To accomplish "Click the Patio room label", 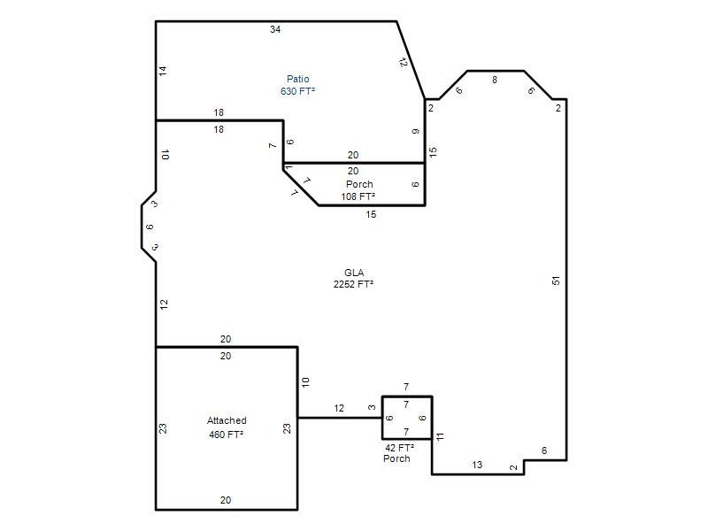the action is tap(297, 79).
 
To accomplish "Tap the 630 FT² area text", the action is tap(297, 91).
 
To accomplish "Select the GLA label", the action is tap(354, 273).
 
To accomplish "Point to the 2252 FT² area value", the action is tap(353, 284).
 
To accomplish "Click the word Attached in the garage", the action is tap(227, 421).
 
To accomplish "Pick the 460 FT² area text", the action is tap(227, 435).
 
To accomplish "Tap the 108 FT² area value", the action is tap(358, 196).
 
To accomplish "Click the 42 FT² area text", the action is tap(400, 448).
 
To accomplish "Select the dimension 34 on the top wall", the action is tap(275, 29).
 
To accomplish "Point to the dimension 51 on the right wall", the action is tap(556, 281).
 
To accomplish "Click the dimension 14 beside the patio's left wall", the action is tap(163, 71).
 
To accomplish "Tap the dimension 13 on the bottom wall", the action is tap(477, 465).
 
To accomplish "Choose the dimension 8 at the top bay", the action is tap(495, 80).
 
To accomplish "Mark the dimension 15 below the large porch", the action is tap(371, 214).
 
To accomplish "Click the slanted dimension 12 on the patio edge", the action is tap(404, 62).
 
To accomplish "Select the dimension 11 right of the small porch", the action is tap(440, 436).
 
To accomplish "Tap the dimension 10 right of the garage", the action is tap(305, 382).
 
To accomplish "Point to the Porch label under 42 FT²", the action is tap(396, 458).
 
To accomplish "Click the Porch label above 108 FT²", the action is tap(359, 184).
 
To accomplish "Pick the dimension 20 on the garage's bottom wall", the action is tap(226, 500).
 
